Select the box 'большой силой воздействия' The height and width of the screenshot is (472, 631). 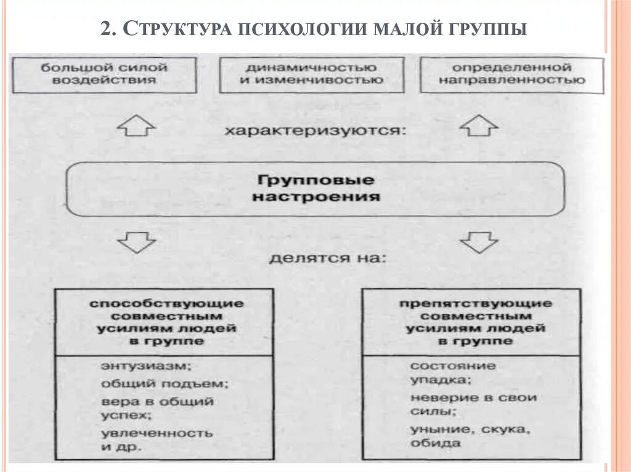point(104,74)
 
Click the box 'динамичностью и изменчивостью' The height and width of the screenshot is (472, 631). point(311,74)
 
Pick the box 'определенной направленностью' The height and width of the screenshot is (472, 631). point(511,74)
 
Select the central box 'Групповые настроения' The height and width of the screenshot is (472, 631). point(315,189)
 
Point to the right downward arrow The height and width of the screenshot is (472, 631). point(479,242)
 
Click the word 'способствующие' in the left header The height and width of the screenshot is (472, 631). point(166,303)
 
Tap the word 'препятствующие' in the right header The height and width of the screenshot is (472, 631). point(475,303)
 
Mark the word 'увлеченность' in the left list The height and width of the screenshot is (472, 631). point(157,433)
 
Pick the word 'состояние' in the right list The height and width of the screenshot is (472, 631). point(452,366)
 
